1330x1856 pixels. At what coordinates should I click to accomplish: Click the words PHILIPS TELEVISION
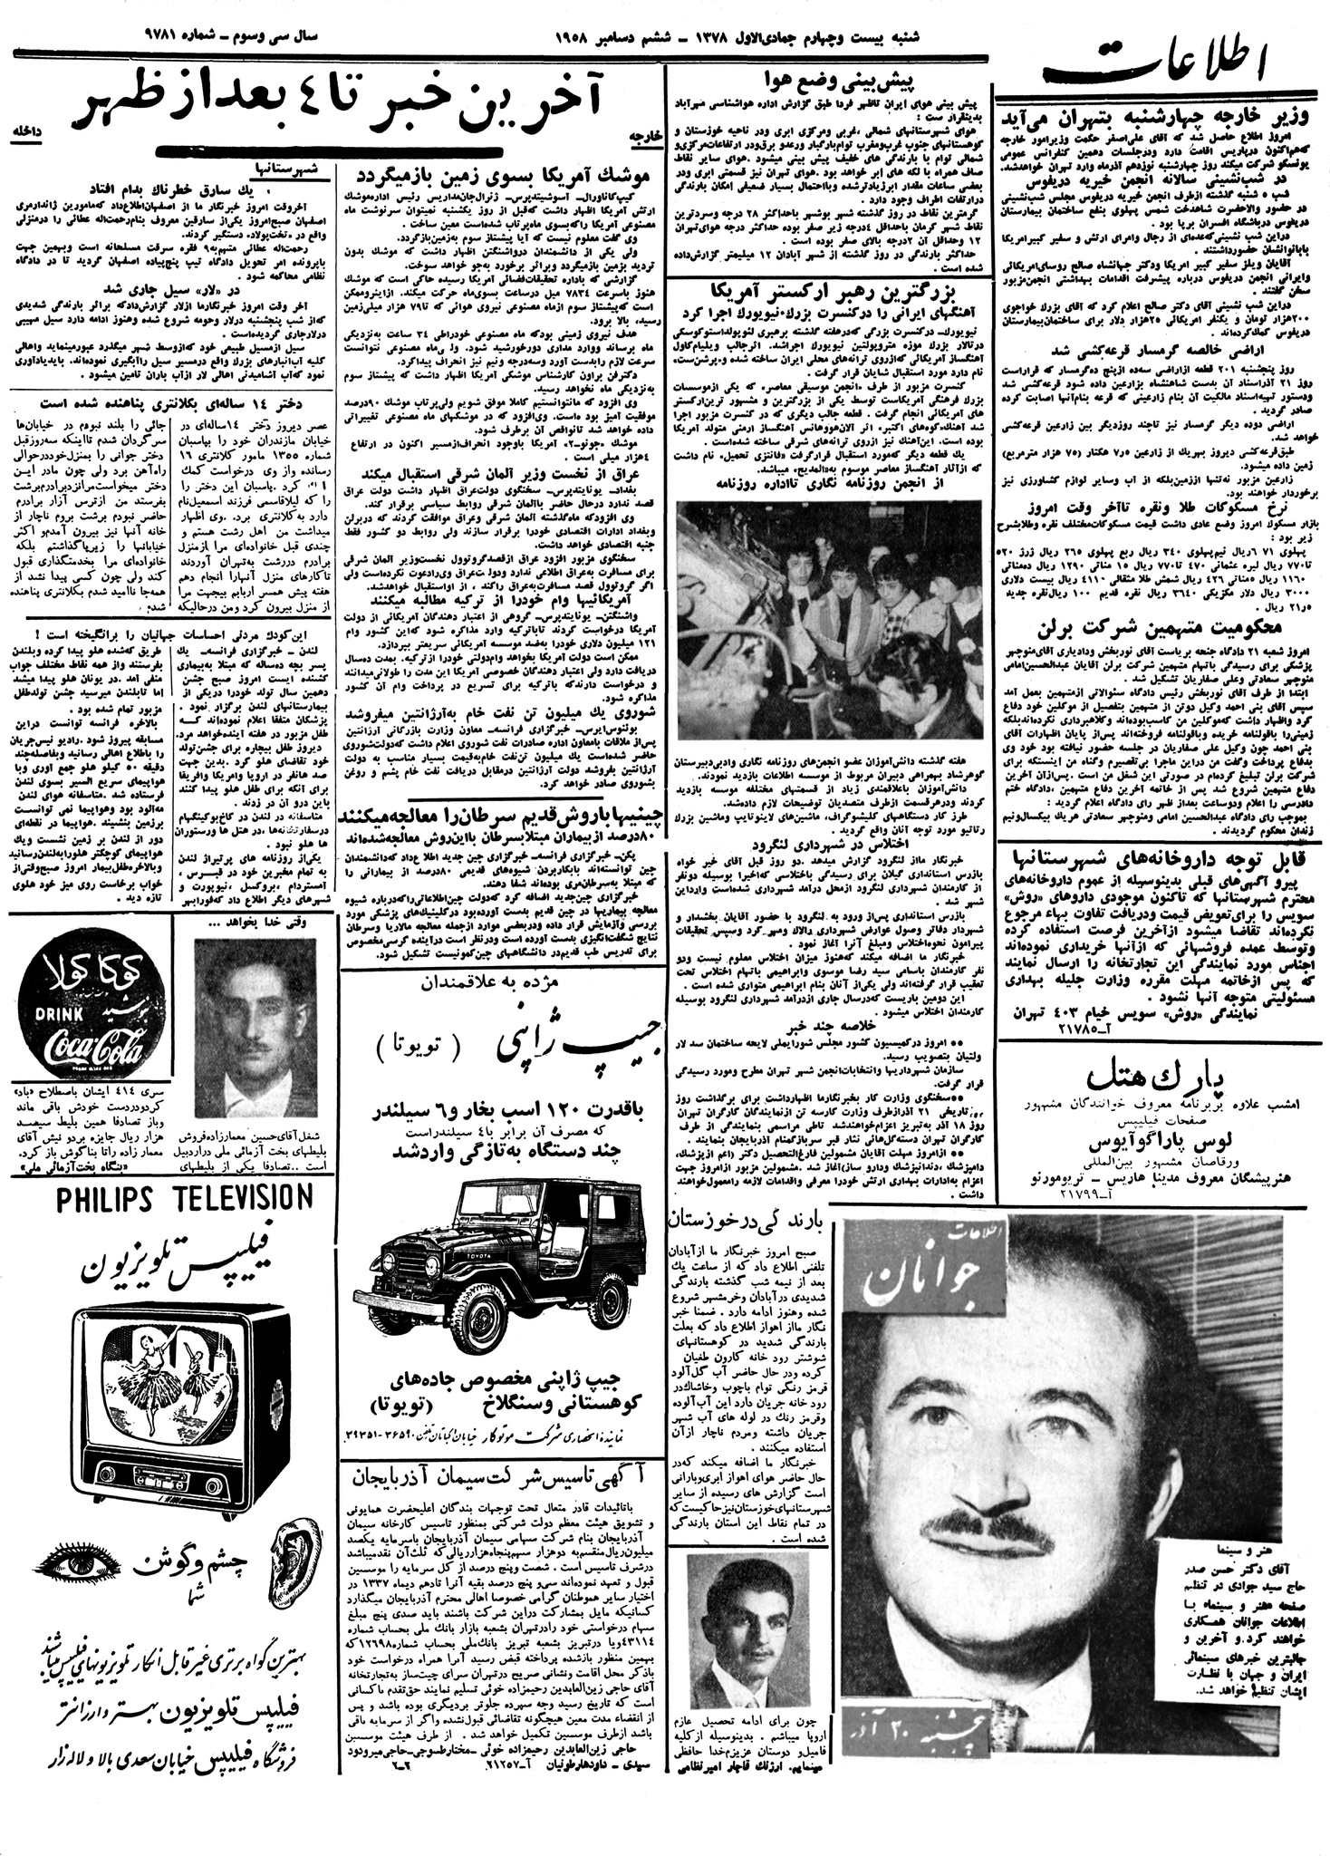tap(171, 1199)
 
